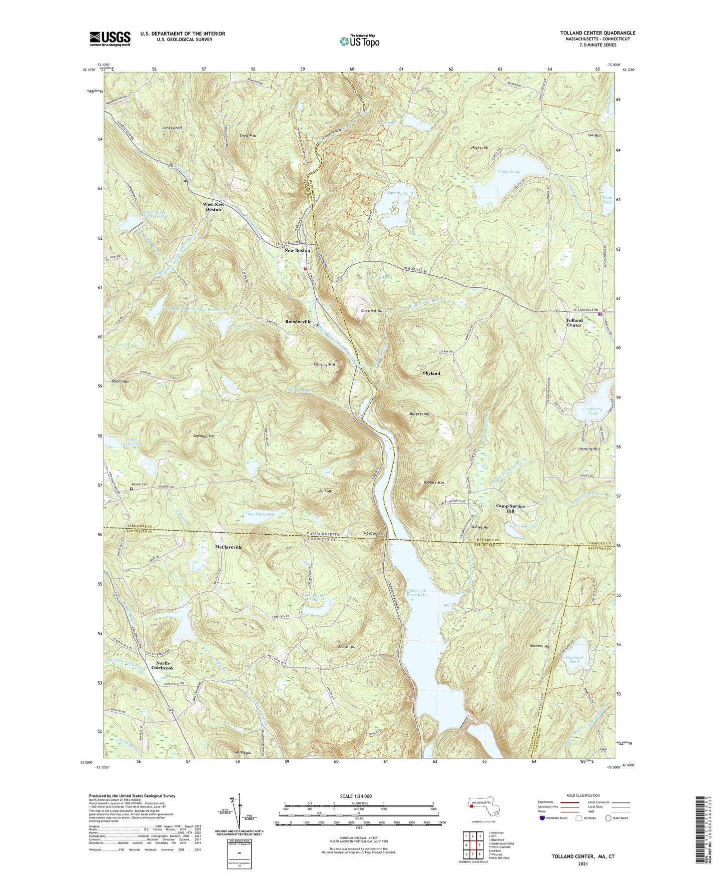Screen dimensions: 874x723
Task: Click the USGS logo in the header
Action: coord(110,39)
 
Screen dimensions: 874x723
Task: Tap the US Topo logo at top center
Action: coord(359,41)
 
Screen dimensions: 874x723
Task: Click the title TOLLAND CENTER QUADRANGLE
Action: coord(597,33)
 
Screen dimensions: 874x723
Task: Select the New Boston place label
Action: coord(297,250)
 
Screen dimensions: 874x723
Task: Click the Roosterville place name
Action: coord(298,321)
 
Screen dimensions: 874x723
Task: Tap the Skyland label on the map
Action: coord(431,373)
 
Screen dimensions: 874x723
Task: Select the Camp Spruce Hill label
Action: coord(510,509)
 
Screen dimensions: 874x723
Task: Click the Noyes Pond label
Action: coord(508,172)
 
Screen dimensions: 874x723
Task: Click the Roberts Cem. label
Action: coord(140,484)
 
